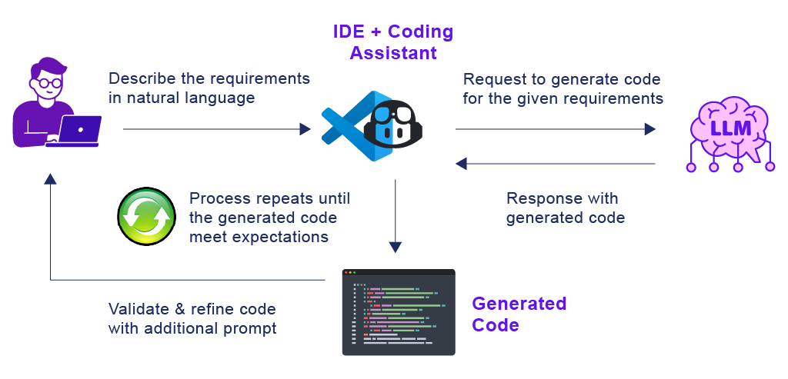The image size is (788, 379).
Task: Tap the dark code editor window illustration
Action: (398, 312)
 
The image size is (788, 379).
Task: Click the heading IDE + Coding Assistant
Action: (392, 42)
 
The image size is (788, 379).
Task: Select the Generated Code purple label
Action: (519, 314)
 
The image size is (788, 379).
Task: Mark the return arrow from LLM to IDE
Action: (554, 163)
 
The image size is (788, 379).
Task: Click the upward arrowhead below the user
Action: (50, 178)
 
